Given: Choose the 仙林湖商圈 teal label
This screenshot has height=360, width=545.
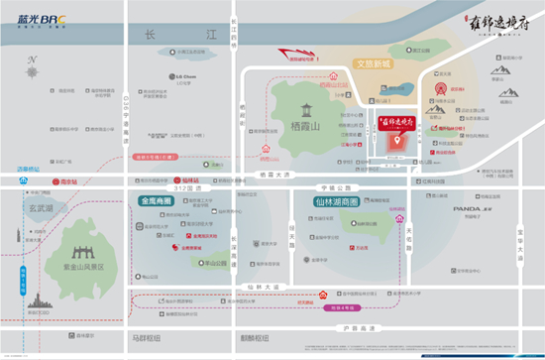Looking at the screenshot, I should click(x=323, y=202).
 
